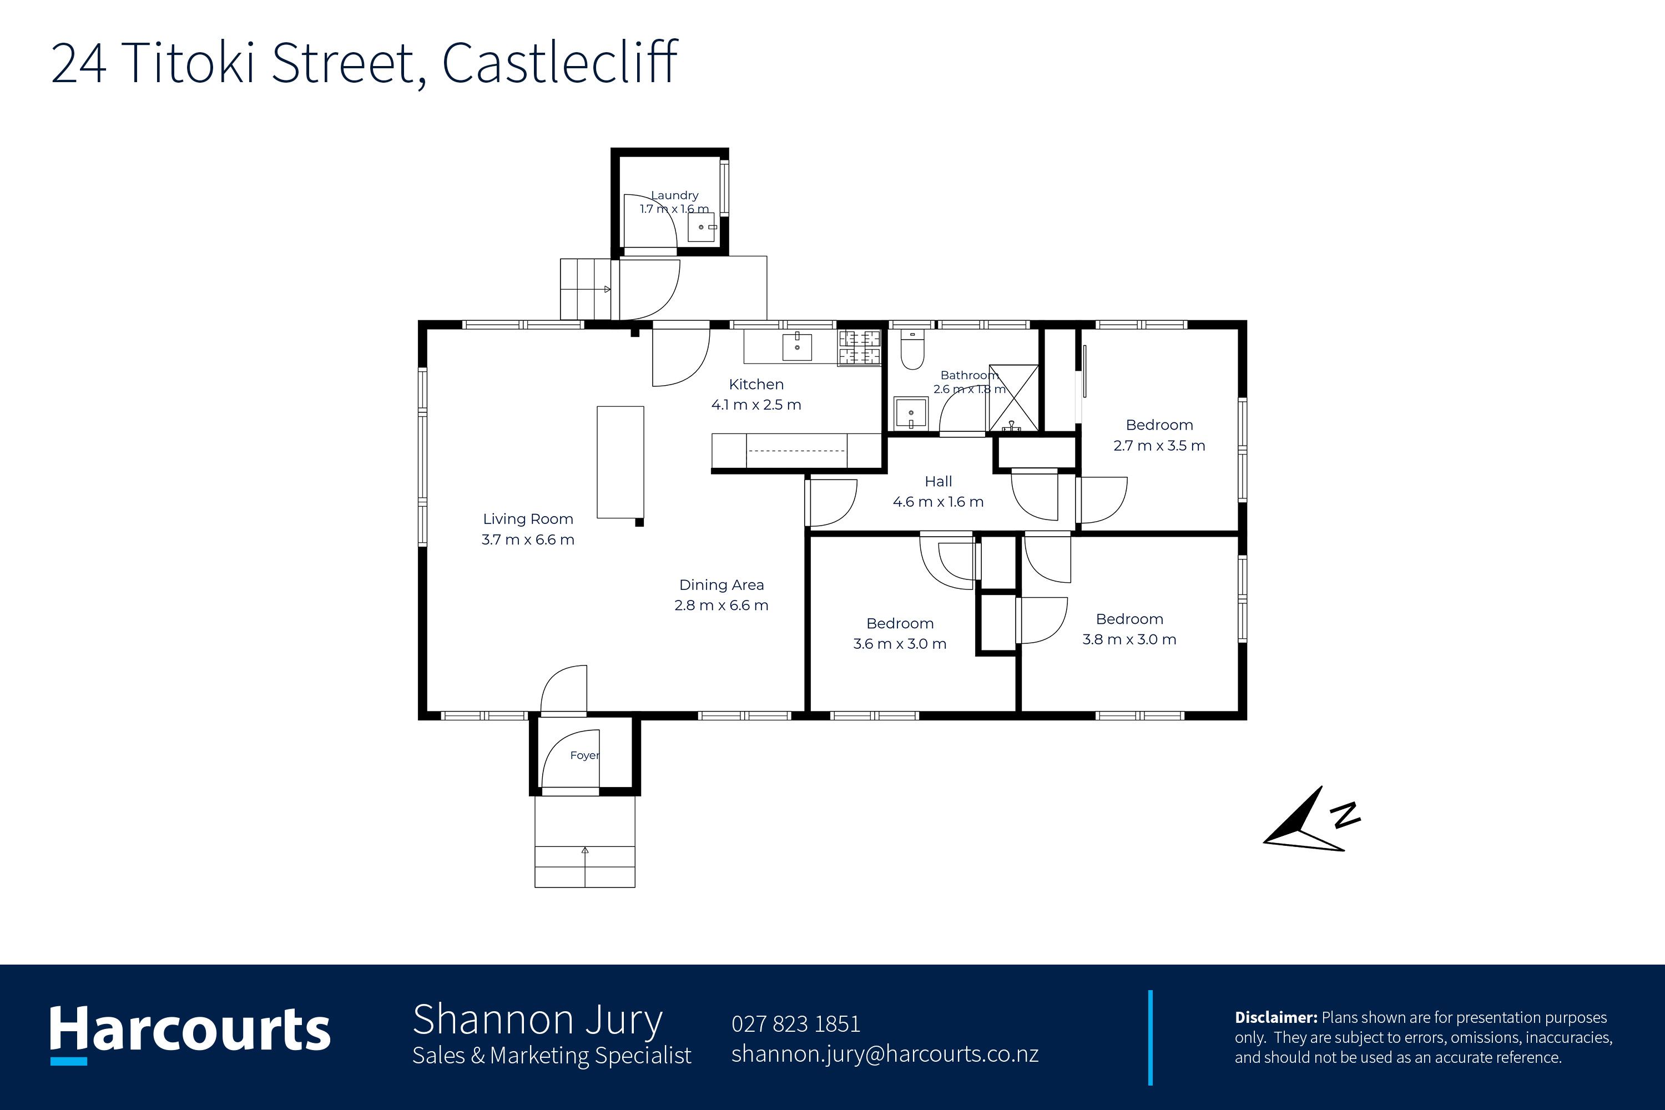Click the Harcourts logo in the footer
pyautogui.click(x=190, y=1033)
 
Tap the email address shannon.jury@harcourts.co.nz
pyautogui.click(x=885, y=1053)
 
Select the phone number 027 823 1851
pyautogui.click(x=796, y=1023)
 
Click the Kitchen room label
pyautogui.click(x=756, y=385)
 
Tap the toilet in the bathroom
pyautogui.click(x=912, y=350)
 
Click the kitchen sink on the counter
pyautogui.click(x=797, y=347)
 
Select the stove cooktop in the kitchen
pyautogui.click(x=859, y=347)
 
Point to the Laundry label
pyautogui.click(x=675, y=195)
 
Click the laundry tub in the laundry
pyautogui.click(x=702, y=227)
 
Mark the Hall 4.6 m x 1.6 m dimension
pyautogui.click(x=938, y=502)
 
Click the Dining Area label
pyautogui.click(x=722, y=585)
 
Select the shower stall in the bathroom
pyautogui.click(x=1014, y=397)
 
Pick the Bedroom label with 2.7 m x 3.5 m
pyautogui.click(x=1159, y=425)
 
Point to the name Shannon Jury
pyautogui.click(x=537, y=1021)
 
